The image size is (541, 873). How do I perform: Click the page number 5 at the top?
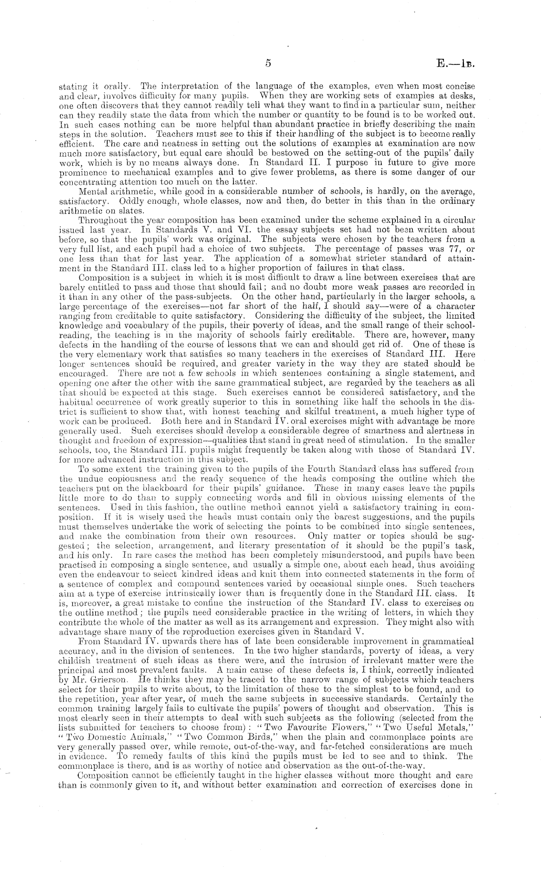point(268,63)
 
